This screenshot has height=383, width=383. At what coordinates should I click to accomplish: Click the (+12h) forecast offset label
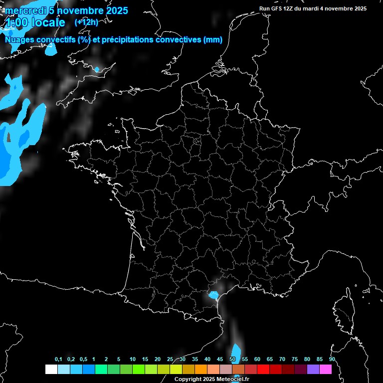pyautogui.click(x=86, y=22)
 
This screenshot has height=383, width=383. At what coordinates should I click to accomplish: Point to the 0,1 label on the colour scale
pyautogui.click(x=58, y=360)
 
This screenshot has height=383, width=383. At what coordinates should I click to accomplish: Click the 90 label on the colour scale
pyautogui.click(x=332, y=360)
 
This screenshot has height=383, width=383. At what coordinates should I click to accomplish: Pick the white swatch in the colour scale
pyautogui.click(x=51, y=370)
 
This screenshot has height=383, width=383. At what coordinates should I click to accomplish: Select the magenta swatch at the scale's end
pyautogui.click(x=326, y=370)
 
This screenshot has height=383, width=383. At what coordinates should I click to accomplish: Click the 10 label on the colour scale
pyautogui.click(x=132, y=360)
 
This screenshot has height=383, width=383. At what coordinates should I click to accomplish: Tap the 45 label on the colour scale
pyautogui.click(x=220, y=360)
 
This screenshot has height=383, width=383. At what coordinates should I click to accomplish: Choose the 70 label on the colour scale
pyautogui.click(x=282, y=360)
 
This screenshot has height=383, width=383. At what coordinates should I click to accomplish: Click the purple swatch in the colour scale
pyautogui.click(x=313, y=370)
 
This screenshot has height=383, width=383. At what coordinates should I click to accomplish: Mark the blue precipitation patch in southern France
pyautogui.click(x=213, y=295)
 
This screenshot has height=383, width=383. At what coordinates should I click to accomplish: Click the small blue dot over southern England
pyautogui.click(x=97, y=69)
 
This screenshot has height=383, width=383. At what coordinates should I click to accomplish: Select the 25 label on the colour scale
pyautogui.click(x=170, y=360)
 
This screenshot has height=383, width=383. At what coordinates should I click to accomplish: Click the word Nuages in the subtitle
pyautogui.click(x=20, y=40)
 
